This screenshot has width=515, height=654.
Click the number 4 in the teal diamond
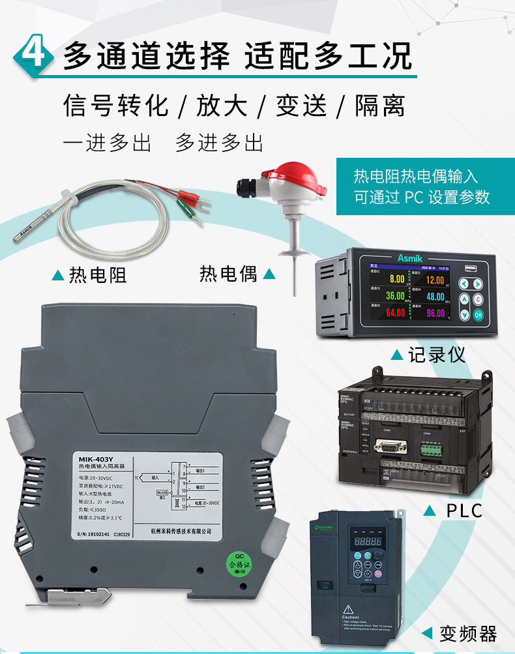(33, 54)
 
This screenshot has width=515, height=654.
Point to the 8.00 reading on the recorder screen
(396, 279)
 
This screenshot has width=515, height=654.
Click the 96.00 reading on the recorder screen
(435, 313)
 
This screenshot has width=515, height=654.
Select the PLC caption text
(464, 509)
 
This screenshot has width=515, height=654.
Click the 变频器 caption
(468, 633)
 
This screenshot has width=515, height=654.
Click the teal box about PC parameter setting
(424, 186)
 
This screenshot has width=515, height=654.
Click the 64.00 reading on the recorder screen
(396, 313)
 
